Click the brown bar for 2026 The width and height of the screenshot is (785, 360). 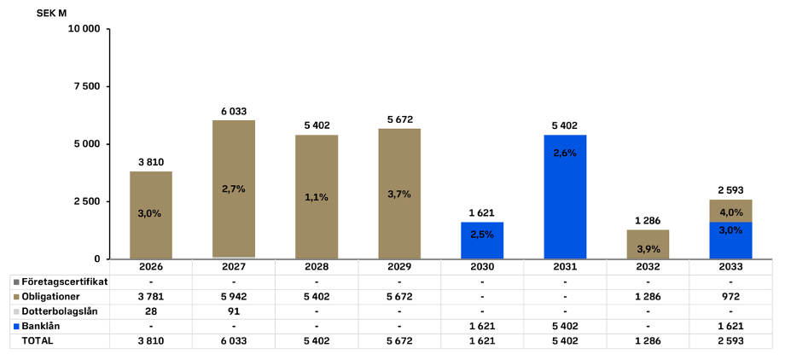151,215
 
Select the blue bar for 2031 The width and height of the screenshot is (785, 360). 565,196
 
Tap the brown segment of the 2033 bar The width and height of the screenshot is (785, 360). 730,211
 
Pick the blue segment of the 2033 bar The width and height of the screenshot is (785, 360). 730,241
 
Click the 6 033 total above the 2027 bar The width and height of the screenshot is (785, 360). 234,111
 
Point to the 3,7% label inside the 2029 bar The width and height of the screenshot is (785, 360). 399,194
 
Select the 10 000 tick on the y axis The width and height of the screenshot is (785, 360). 84,28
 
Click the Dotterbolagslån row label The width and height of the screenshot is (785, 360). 59,311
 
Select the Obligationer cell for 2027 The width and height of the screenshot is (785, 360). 234,296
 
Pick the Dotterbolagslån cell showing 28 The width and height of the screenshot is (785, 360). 151,311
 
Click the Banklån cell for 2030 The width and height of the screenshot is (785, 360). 482,326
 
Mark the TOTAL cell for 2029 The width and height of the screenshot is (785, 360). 399,340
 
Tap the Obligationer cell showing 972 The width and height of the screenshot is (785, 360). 730,296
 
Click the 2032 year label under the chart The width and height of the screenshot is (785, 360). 648,267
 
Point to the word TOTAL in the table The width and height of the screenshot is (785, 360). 37,340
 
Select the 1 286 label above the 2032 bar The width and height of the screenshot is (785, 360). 648,221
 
